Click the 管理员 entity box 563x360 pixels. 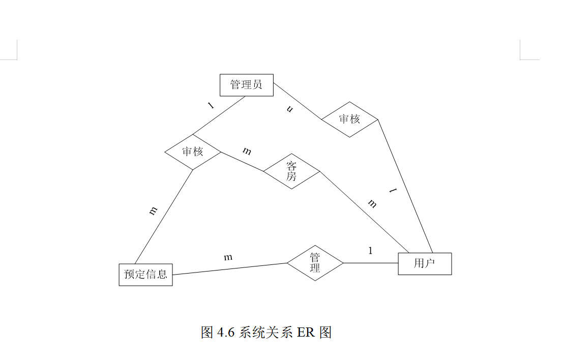[x=247, y=85]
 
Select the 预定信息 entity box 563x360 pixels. [x=145, y=275]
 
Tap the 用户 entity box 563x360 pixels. [x=425, y=263]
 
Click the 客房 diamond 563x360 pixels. [x=291, y=171]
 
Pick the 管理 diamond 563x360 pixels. [x=315, y=263]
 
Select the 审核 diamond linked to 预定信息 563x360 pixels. [x=193, y=152]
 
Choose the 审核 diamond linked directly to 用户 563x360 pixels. [x=349, y=119]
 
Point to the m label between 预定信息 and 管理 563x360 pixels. [x=228, y=257]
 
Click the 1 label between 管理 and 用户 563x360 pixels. [x=370, y=251]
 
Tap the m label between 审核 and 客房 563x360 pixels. [x=247, y=151]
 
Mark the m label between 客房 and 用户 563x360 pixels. [x=372, y=204]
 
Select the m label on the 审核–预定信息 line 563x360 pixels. [x=153, y=211]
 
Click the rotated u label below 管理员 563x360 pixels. [x=290, y=109]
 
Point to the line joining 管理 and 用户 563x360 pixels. [x=370, y=263]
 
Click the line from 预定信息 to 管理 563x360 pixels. [x=230, y=269]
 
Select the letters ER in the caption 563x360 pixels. [x=306, y=333]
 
